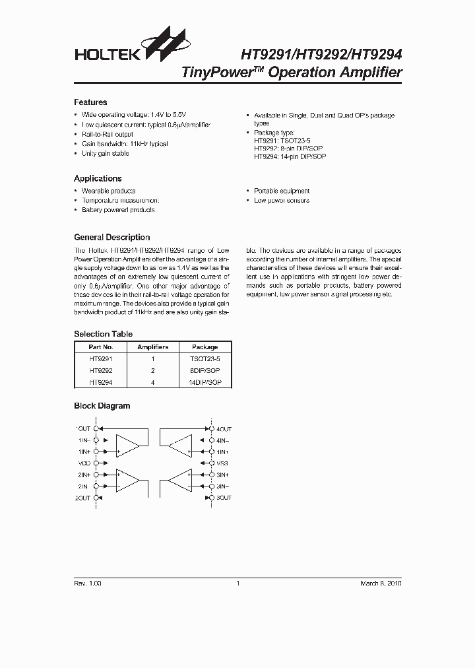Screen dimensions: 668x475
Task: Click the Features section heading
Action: pyautogui.click(x=90, y=102)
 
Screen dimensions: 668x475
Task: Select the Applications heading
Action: pyautogui.click(x=98, y=178)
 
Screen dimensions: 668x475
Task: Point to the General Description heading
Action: pyautogui.click(x=111, y=237)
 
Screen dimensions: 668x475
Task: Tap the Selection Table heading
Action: pyautogui.click(x=103, y=334)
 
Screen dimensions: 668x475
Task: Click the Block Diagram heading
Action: pyautogui.click(x=102, y=406)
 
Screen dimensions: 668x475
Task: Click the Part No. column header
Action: pyautogui.click(x=101, y=347)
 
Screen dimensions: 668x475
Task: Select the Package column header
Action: pyautogui.click(x=205, y=347)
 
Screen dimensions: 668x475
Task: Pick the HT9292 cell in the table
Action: pyautogui.click(x=101, y=371)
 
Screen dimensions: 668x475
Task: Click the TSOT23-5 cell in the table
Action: pyautogui.click(x=205, y=359)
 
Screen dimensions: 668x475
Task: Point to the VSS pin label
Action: pyautogui.click(x=222, y=463)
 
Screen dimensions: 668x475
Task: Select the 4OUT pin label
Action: pyautogui.click(x=224, y=428)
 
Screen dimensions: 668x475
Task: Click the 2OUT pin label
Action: pyautogui.click(x=82, y=498)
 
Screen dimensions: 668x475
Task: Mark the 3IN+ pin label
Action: pyautogui.click(x=223, y=475)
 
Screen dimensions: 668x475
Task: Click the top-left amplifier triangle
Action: pyautogui.click(x=127, y=446)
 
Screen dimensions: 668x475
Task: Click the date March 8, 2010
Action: pyautogui.click(x=381, y=584)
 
